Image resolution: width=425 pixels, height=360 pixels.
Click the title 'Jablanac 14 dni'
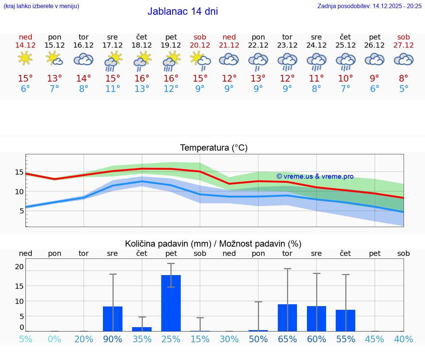click(183, 11)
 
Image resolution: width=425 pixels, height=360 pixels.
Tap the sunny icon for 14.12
click(25, 58)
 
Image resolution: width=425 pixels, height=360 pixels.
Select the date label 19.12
click(171, 45)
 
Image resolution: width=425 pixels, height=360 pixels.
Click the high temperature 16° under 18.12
click(142, 78)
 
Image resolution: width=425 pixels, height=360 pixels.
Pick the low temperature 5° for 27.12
click(404, 89)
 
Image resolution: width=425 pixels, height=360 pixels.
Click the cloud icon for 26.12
click(374, 59)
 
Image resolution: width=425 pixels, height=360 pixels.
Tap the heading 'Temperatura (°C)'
click(214, 148)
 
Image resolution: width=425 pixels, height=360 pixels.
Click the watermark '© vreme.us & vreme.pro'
click(315, 176)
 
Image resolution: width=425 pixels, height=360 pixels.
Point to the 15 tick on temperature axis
click(19, 172)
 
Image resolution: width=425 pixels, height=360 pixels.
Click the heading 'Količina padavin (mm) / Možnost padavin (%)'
click(213, 244)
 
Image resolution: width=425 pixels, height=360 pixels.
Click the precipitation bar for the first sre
click(113, 319)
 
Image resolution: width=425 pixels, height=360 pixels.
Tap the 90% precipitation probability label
click(113, 339)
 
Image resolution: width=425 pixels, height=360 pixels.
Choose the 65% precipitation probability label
click(287, 339)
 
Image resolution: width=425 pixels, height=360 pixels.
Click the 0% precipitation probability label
click(54, 339)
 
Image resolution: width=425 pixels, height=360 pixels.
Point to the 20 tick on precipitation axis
click(19, 267)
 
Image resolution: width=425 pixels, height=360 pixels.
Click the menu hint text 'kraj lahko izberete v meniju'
click(41, 6)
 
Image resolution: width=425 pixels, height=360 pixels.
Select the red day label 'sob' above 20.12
click(200, 37)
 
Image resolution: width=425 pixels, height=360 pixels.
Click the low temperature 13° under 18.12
click(142, 89)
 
